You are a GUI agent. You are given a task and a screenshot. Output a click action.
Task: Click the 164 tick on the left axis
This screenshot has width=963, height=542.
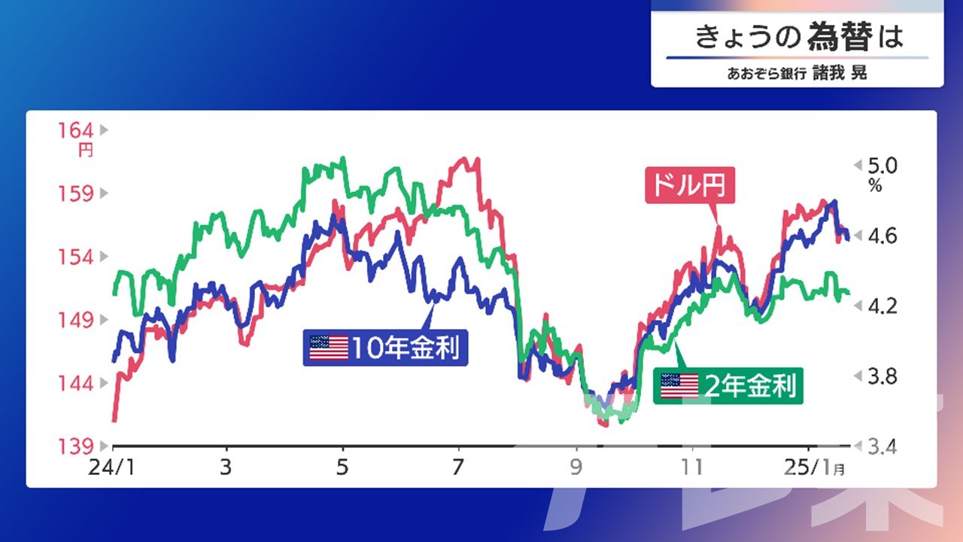coord(76,130)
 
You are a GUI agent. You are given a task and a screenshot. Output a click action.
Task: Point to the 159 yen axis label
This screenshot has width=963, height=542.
coord(76,194)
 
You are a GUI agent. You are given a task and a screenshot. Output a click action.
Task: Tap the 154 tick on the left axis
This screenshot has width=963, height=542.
coord(76,257)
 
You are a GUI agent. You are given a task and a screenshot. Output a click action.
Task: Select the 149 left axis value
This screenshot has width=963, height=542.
coord(76,320)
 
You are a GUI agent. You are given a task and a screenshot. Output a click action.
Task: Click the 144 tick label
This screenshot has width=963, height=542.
coord(76,383)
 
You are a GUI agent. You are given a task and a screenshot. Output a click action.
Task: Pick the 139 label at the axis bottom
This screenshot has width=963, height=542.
coord(76,446)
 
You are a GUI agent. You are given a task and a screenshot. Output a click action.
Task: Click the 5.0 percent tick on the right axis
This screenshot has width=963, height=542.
coord(882,166)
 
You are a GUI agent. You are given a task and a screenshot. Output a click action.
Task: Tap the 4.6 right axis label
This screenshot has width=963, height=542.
coord(882,236)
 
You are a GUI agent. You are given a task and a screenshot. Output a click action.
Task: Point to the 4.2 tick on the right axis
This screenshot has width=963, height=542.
coord(882,306)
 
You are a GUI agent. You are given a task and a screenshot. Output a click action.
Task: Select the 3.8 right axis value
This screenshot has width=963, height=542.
coord(882,377)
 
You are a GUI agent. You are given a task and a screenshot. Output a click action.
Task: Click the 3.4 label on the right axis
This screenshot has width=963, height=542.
coord(882,447)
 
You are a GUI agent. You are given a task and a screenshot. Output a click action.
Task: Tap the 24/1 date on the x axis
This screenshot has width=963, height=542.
coord(112,467)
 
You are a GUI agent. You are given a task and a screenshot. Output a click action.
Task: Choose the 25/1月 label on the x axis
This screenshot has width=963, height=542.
coord(814,467)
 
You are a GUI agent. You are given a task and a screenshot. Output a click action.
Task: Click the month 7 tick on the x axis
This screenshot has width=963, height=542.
coord(459,467)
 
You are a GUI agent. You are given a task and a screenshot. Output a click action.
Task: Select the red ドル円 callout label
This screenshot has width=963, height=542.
coord(690,185)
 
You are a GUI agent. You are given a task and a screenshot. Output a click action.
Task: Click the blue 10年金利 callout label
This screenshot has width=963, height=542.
coord(385,348)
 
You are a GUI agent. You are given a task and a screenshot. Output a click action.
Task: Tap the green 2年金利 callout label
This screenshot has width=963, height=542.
coord(728,386)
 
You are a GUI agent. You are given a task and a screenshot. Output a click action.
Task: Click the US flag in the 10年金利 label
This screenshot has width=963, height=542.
coord(329,348)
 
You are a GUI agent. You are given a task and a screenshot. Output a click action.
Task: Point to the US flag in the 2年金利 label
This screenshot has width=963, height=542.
coord(679,386)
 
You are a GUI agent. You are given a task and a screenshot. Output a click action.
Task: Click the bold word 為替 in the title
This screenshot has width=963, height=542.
coord(840,37)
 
